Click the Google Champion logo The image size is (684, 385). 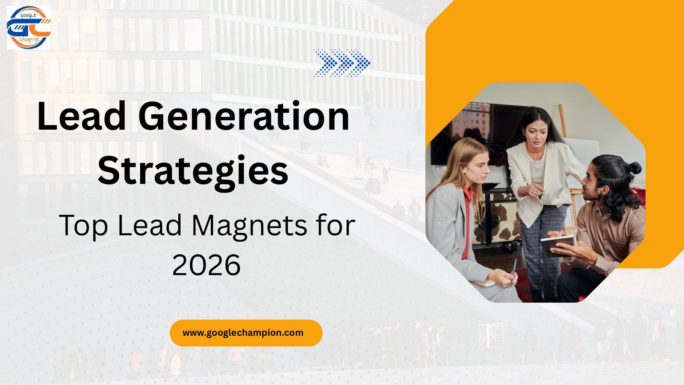pyautogui.click(x=29, y=28)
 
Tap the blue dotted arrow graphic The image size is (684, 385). pyautogui.click(x=342, y=63)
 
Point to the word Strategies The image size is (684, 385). pyautogui.click(x=193, y=171)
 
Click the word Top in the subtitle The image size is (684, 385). pyautogui.click(x=83, y=225)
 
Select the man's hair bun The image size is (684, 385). pyautogui.click(x=635, y=167)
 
